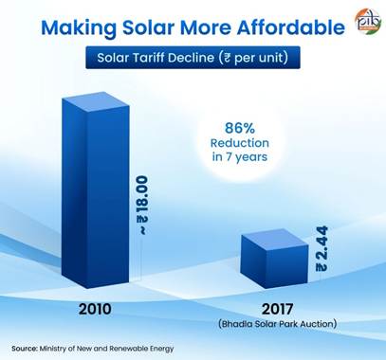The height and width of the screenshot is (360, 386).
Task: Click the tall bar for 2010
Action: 96,190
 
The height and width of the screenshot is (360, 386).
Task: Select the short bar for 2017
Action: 274,259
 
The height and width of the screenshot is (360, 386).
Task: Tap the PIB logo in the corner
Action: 368,22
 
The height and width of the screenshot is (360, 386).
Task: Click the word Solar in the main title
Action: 148,27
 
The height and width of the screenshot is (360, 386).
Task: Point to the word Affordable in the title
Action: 290,27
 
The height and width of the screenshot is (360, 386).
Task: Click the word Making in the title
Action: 79,28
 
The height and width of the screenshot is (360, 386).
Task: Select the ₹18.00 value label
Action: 142,206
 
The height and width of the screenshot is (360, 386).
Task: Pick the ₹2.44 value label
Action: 322,248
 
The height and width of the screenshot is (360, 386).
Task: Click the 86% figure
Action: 240,129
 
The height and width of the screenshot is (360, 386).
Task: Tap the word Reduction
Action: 240,143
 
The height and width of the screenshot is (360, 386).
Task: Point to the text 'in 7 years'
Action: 240,157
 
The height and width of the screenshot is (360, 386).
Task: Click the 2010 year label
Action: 95,309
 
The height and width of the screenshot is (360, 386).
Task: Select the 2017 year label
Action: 277,309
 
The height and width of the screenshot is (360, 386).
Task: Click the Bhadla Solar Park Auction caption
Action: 277,324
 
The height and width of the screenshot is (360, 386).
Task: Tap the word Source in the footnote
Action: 25,349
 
